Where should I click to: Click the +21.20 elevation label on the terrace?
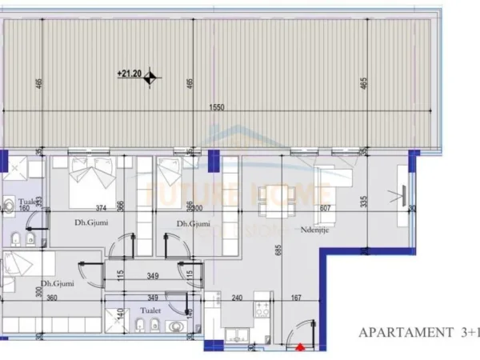129,74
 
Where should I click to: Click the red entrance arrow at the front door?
299,348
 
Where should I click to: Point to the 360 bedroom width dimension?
52,298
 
